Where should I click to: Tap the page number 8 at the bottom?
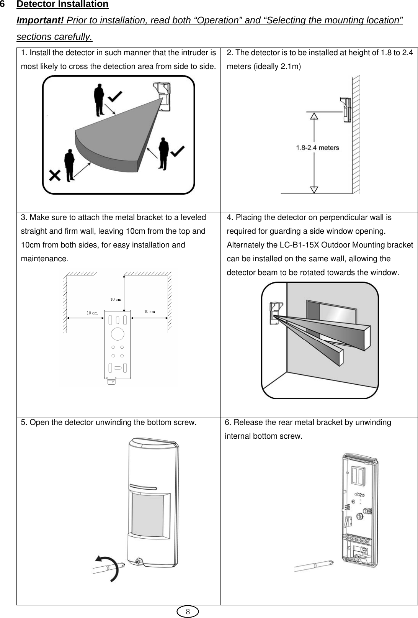pyautogui.click(x=188, y=611)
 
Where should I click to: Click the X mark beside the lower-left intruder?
pyautogui.click(x=55, y=176)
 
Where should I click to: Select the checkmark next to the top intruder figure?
pyautogui.click(x=117, y=95)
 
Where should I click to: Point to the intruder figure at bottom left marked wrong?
pyautogui.click(x=70, y=165)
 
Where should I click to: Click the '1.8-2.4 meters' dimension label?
pyautogui.click(x=317, y=148)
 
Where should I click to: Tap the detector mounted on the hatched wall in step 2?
pyautogui.click(x=345, y=110)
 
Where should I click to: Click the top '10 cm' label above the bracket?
pyautogui.click(x=116, y=299)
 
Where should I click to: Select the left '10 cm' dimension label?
pyautogui.click(x=92, y=313)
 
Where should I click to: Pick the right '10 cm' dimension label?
pyautogui.click(x=149, y=311)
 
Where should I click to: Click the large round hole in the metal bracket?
pyautogui.click(x=118, y=334)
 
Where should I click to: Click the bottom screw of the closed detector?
pyautogui.click(x=137, y=562)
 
